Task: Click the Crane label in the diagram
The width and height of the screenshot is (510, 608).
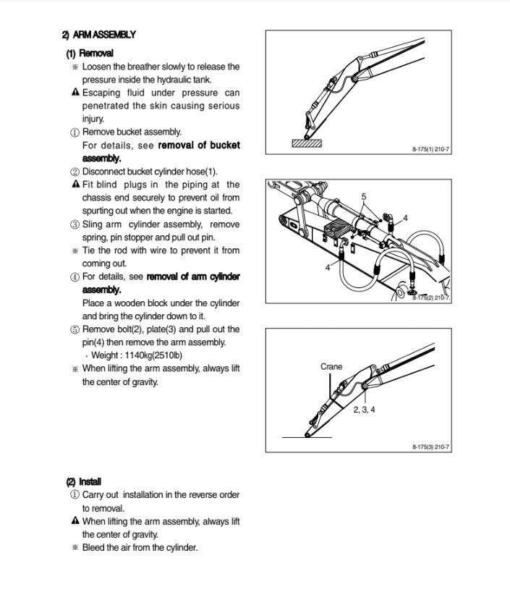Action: pos(331,367)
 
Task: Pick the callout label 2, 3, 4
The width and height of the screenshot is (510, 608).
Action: pos(364,410)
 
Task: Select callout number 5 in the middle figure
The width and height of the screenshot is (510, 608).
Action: pos(364,197)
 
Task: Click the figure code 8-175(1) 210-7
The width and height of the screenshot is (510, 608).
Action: pos(430,149)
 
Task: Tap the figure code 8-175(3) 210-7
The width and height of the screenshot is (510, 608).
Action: pos(430,447)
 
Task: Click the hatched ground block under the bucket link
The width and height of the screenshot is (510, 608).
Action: pos(306,143)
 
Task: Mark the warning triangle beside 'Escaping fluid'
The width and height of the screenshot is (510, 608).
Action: pos(75,93)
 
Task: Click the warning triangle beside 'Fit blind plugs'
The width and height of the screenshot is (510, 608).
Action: pos(75,185)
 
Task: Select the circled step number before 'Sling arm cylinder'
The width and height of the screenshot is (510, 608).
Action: pos(75,224)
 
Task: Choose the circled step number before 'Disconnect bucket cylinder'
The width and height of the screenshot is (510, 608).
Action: pos(75,172)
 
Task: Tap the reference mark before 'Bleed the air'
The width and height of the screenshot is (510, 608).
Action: pos(75,547)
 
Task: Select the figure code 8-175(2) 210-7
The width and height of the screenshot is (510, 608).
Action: pos(430,297)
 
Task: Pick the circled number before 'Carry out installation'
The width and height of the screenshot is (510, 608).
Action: pos(75,495)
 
